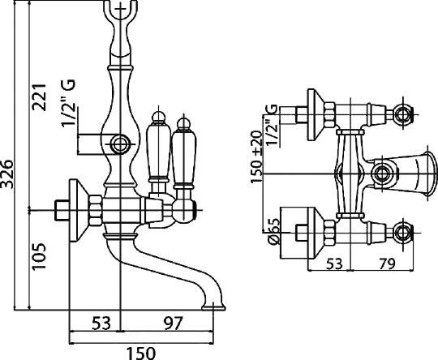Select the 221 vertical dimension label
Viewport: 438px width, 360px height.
39,97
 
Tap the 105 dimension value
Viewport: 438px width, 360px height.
39,256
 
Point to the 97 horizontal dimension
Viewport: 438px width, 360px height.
174,323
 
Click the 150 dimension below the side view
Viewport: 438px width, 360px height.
141,353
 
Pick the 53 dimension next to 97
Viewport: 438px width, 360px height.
101,323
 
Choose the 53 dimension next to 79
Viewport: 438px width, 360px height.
334,263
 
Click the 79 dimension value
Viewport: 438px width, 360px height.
387,263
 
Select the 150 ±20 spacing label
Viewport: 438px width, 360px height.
256,157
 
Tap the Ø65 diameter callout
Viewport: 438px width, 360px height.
275,231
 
